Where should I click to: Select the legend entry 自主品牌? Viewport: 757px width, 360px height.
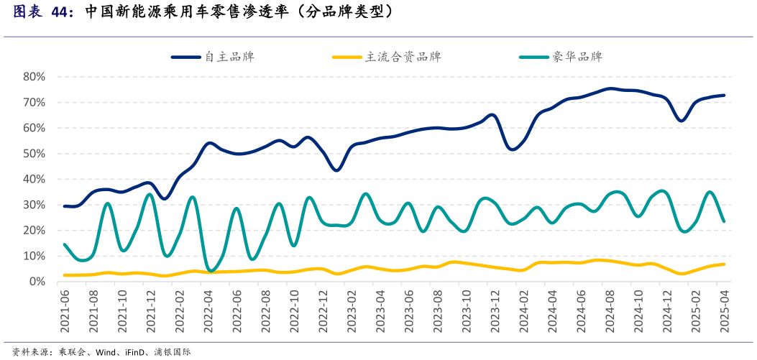pos(229,57)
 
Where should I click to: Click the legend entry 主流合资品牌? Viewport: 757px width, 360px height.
pos(403,57)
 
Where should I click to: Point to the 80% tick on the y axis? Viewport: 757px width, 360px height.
pos(35,77)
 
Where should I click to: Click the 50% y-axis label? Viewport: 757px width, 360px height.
pos(35,154)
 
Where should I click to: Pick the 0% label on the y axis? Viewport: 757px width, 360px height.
pos(37,282)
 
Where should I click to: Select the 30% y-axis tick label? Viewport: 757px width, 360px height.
pos(35,205)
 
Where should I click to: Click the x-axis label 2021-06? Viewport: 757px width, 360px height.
pos(65,311)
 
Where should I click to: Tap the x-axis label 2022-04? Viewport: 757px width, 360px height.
pos(208,311)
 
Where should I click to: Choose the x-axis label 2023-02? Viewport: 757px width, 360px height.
pos(352,311)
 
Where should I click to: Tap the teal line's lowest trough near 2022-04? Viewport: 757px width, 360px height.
pos(210,271)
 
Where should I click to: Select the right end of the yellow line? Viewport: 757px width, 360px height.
pos(724,264)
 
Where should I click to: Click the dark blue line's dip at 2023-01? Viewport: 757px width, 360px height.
pos(337,170)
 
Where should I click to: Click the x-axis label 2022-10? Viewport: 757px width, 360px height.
pos(294,311)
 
